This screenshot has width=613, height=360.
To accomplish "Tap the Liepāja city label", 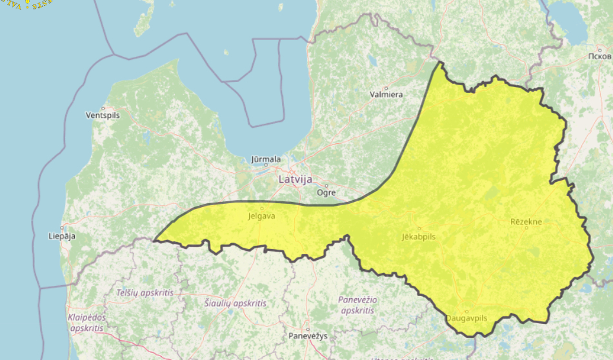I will click(62, 236).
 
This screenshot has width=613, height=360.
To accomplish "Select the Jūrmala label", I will click(266, 159).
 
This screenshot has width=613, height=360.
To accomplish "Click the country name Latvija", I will click(295, 179).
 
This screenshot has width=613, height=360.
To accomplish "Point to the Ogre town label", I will click(326, 192).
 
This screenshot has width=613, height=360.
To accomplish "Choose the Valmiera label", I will click(386, 95).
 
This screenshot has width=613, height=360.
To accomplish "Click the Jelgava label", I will click(261, 216).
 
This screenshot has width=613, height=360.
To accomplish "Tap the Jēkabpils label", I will click(418, 237).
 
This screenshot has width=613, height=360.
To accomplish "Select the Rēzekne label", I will click(526, 222).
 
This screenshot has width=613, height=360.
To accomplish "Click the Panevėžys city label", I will click(308, 336).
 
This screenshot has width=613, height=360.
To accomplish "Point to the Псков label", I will click(599, 56).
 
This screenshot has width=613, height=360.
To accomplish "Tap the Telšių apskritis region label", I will click(145, 292).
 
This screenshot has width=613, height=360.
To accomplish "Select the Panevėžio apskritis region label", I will click(357, 305).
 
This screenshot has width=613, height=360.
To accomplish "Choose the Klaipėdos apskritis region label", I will click(86, 323).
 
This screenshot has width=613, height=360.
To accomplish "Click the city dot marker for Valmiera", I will click(387, 88).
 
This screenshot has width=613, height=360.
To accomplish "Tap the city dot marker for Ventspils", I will click(103, 108).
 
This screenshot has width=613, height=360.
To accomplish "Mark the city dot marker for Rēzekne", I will click(526, 228).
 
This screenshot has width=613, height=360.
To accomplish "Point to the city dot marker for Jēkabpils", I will click(418, 228).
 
